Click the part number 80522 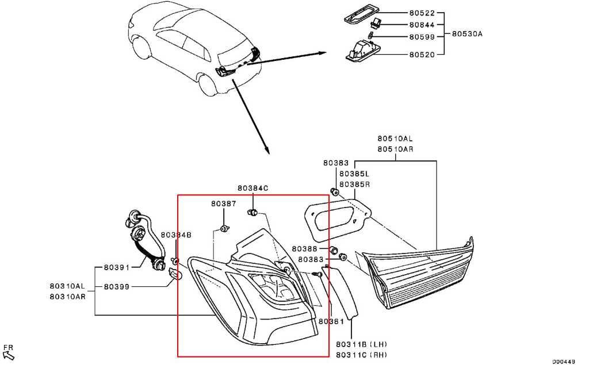pos(422,13)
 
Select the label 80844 pos(422,25)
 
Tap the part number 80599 pos(422,37)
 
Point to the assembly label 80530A pos(467,34)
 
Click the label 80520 pos(422,55)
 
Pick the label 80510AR pos(395,149)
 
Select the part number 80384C pos(253,188)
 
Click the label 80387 pos(224,203)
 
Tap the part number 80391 pos(116,267)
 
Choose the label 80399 pos(116,286)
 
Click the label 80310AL pos(67,286)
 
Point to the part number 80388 pos(305,248)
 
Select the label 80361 pos(331,321)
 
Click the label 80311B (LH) pos(361,344)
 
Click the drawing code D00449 pos(564,361)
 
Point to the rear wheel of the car pos(209,85)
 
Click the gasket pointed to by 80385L pos(336,220)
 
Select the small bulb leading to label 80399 pos(175,274)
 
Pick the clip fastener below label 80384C pos(253,213)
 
